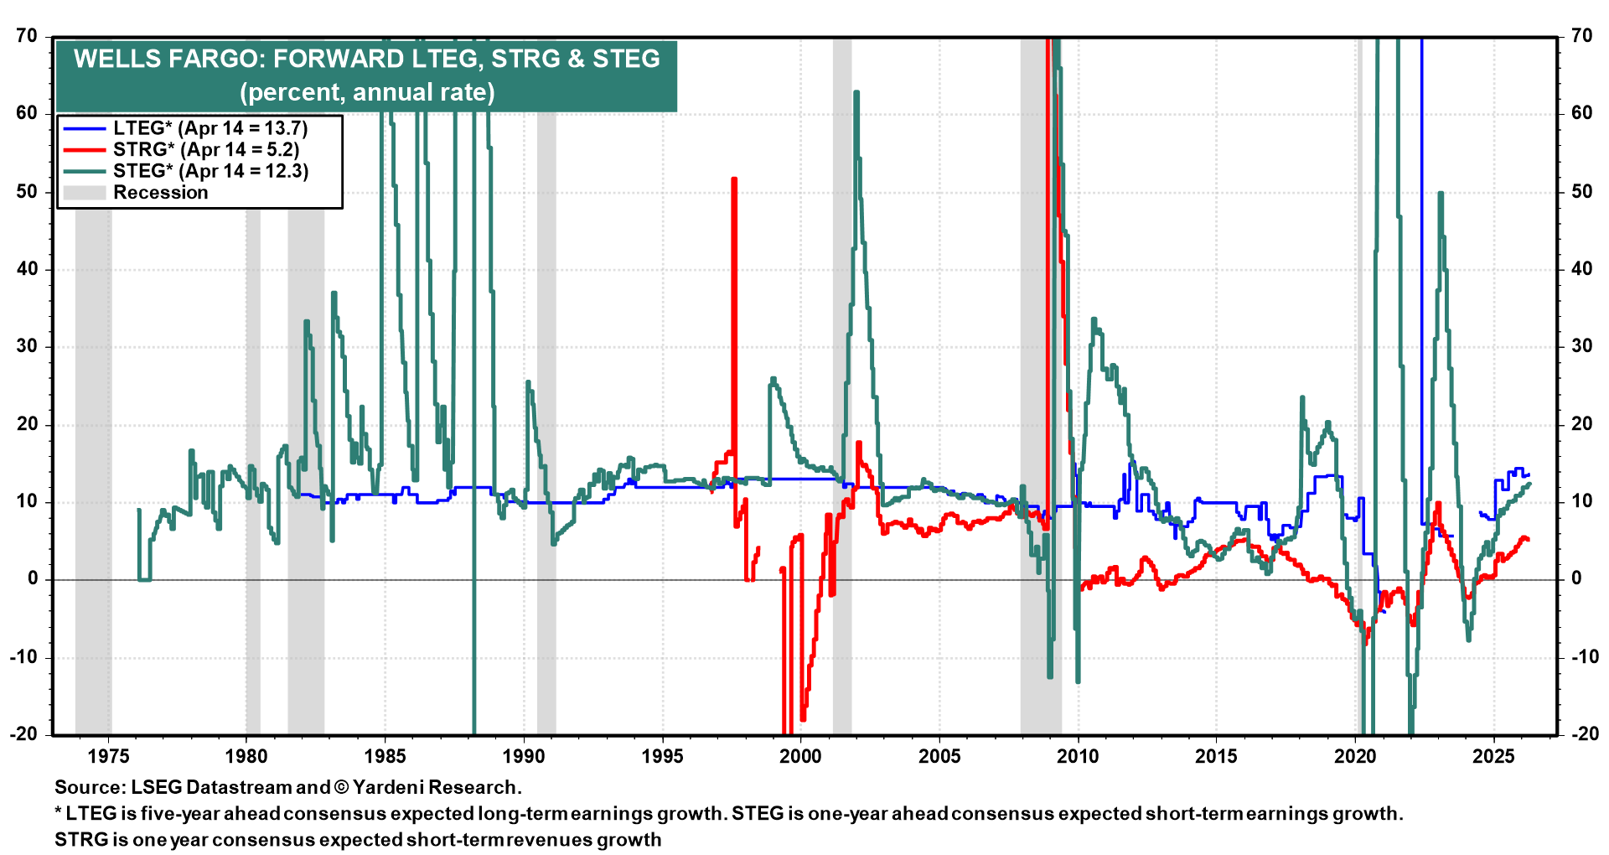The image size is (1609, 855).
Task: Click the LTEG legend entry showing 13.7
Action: tap(210, 128)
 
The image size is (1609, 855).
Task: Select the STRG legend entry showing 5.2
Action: tap(206, 150)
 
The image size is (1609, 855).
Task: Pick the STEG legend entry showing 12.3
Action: tap(210, 171)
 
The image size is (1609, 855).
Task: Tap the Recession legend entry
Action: tap(160, 193)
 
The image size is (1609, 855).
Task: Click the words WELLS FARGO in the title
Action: tap(168, 60)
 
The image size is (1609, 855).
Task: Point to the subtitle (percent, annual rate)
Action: tap(367, 92)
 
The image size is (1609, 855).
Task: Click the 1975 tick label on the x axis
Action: tap(108, 756)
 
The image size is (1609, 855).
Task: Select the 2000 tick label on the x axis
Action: tap(800, 756)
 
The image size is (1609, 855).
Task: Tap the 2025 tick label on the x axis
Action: tap(1493, 756)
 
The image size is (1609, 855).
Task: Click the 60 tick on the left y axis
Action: tap(27, 113)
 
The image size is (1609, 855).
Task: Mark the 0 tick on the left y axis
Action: tap(33, 578)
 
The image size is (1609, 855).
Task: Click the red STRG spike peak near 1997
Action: tap(734, 179)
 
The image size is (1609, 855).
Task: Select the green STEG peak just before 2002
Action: tap(856, 93)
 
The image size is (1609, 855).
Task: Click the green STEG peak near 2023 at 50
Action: tap(1440, 194)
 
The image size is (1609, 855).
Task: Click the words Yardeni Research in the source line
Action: tap(436, 787)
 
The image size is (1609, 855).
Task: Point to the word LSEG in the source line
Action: tap(156, 787)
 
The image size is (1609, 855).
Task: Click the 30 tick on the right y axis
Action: tap(1581, 346)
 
